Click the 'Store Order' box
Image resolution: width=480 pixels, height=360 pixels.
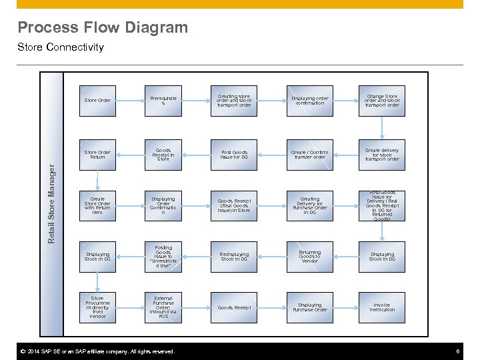point(97,101)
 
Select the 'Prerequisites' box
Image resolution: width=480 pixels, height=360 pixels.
point(163,101)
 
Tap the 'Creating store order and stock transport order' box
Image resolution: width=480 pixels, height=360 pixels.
point(234,101)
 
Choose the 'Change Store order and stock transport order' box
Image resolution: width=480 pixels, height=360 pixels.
point(382,101)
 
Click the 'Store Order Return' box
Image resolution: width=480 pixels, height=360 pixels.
point(97,155)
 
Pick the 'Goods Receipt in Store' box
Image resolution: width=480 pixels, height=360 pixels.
point(163,155)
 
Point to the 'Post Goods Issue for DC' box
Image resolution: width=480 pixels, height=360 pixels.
point(234,155)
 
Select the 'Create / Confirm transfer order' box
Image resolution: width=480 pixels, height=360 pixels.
point(309,155)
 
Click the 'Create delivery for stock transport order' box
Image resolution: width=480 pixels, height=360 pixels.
point(382,155)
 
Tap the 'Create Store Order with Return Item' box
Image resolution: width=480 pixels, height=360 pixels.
point(97,205)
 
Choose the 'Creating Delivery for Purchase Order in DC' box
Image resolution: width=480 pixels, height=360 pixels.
point(309,205)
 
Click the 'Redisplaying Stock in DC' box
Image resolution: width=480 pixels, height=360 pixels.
point(234,257)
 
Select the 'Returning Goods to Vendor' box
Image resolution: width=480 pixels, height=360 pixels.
point(309,257)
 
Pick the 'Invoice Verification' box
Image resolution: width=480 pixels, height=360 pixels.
point(382,307)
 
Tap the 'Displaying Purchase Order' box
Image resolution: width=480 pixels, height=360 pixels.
point(309,307)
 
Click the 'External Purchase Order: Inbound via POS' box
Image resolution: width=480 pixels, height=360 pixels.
point(163,307)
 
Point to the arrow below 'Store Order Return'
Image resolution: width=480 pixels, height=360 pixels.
point(97,180)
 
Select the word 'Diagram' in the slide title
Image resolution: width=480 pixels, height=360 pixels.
point(159,27)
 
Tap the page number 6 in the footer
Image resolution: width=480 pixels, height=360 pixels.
point(458,351)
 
